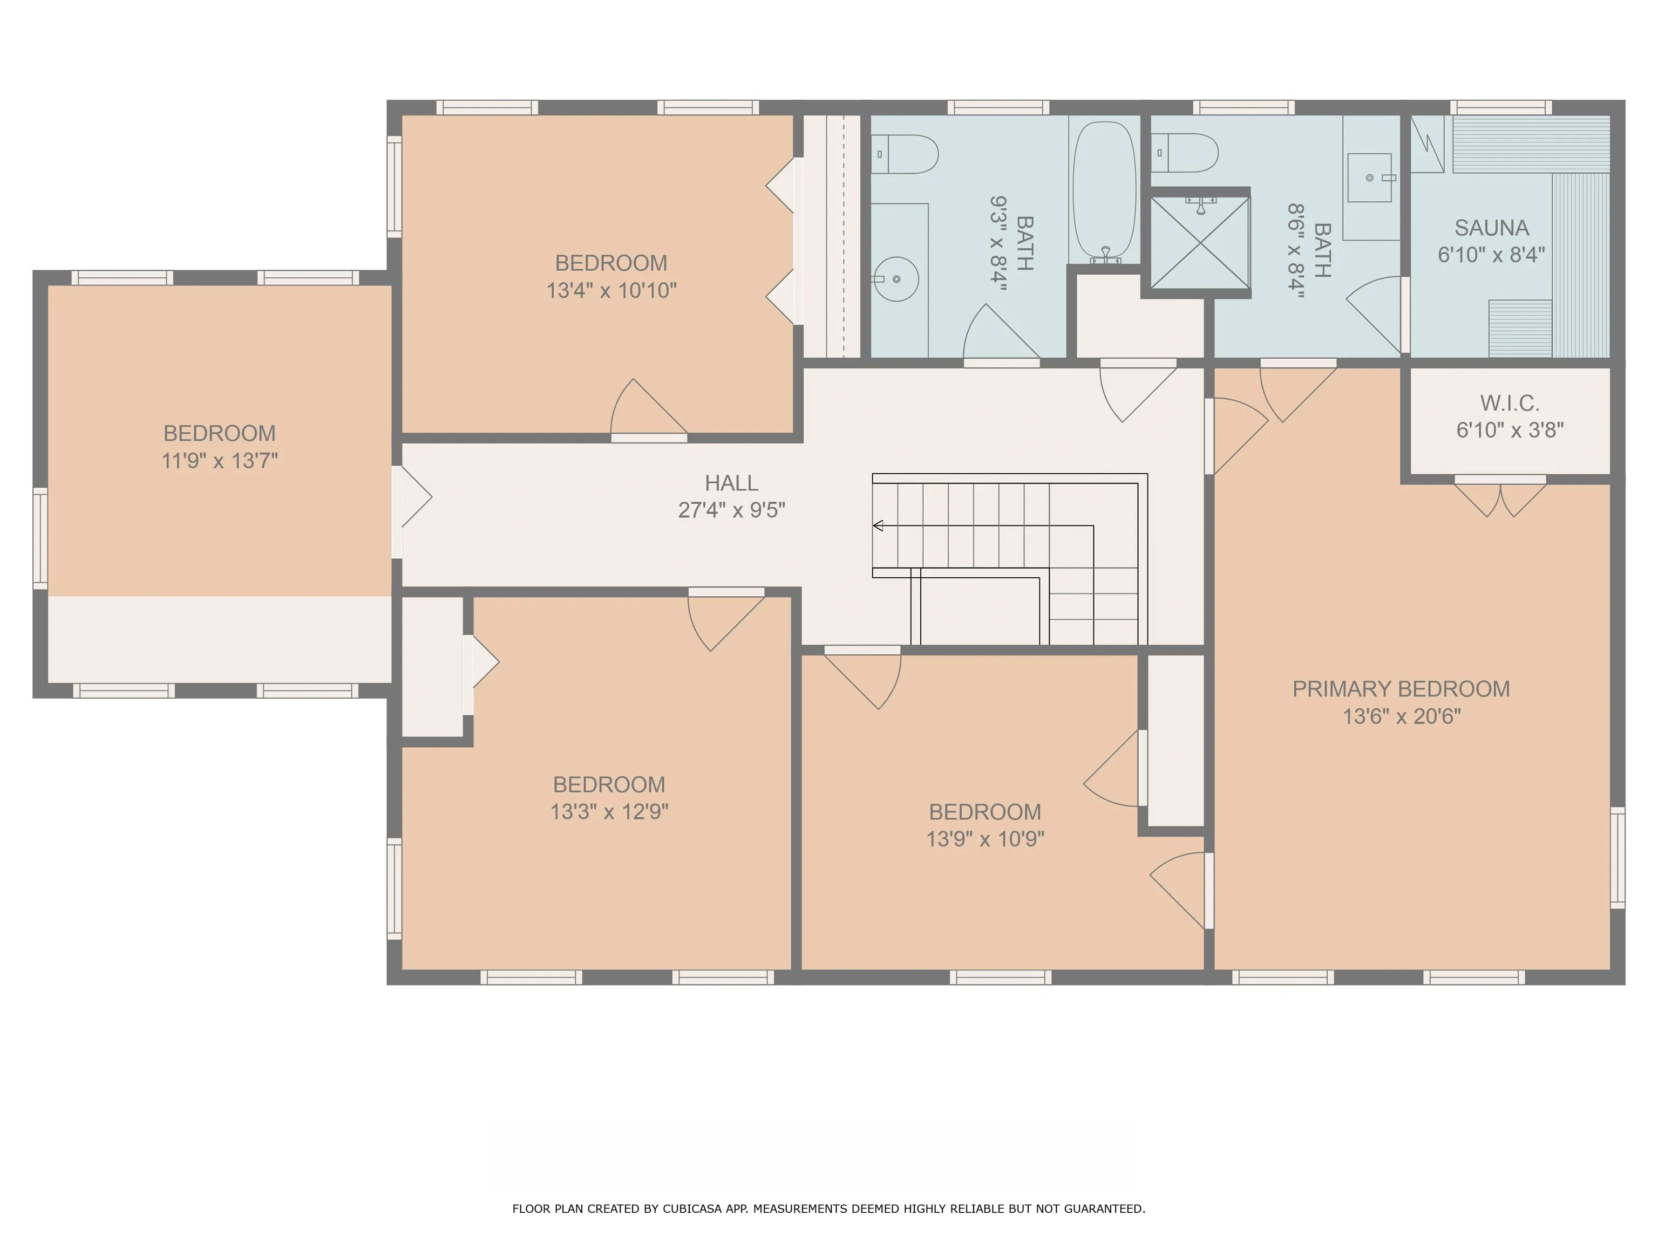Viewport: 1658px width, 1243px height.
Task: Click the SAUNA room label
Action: pos(1492,228)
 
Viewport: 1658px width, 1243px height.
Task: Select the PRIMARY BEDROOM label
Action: pos(1401,689)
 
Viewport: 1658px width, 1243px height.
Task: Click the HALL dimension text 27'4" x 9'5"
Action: pos(731,510)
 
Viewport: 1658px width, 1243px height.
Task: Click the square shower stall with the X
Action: pos(1200,243)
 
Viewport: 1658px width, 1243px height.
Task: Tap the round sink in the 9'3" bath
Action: pos(897,279)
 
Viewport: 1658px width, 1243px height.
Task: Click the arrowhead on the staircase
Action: pos(878,525)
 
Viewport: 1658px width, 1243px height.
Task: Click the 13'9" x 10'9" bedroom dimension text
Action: pos(985,838)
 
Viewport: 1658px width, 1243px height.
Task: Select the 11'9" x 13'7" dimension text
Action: pos(220,460)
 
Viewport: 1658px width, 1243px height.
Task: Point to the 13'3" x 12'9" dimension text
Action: pos(609,811)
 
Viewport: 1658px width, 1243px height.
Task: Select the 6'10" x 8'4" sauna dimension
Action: pos(1492,255)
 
